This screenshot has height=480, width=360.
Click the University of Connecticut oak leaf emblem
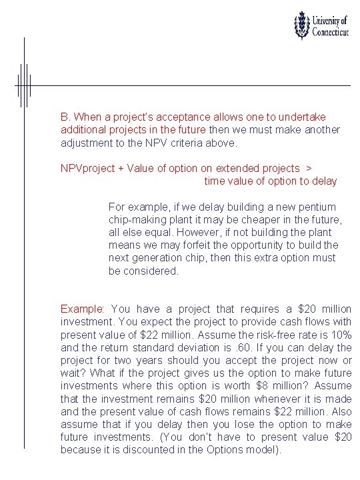303,25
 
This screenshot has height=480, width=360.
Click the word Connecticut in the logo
331,33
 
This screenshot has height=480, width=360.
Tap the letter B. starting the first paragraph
65,116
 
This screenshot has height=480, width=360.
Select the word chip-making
137,220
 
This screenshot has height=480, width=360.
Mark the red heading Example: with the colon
83,309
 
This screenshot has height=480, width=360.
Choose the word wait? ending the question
73,373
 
